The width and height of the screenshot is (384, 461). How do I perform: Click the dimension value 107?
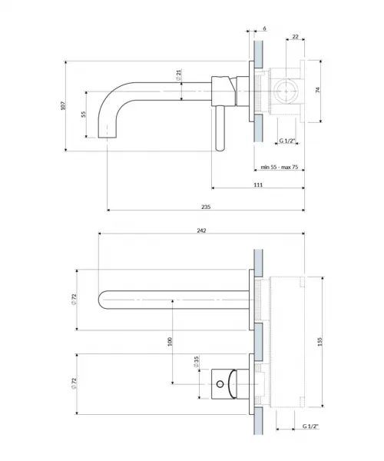[63, 105]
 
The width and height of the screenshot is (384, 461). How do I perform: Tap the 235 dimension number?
[206, 207]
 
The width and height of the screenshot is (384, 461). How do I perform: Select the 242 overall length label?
[201, 230]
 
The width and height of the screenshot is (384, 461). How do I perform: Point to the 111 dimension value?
[258, 184]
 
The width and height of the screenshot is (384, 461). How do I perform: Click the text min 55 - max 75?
[280, 167]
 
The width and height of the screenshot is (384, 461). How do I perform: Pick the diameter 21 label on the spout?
[179, 75]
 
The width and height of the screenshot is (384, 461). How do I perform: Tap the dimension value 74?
[317, 90]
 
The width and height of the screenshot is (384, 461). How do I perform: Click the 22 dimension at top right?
[295, 36]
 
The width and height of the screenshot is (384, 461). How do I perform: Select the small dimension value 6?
[264, 28]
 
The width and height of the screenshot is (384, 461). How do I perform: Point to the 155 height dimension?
[320, 341]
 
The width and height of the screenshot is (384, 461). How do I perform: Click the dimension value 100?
[170, 342]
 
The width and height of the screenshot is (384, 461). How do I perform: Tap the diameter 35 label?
[197, 362]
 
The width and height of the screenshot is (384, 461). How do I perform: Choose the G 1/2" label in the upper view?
[286, 141]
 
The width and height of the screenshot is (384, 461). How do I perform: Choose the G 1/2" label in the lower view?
[310, 426]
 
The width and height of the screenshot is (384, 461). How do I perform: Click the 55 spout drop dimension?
[84, 114]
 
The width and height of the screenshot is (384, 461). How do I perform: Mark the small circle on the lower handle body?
[220, 383]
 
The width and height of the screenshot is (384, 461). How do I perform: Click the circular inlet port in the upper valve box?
[286, 91]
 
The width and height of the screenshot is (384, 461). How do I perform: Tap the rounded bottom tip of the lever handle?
[220, 149]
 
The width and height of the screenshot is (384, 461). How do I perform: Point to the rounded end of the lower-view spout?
[101, 300]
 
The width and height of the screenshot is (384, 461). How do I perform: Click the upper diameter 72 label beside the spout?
[74, 300]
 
